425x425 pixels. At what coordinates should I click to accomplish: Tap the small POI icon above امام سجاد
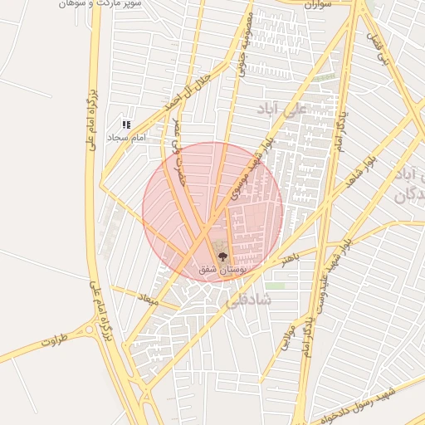tap(126, 125)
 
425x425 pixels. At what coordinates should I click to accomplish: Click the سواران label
tap(319, 4)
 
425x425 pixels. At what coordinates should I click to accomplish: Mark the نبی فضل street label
tap(383, 49)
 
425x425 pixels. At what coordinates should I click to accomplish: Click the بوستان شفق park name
tap(218, 270)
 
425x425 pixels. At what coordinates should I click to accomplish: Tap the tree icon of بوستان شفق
tap(222, 256)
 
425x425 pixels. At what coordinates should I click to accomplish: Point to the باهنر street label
tap(290, 261)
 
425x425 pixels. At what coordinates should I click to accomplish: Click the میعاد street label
tap(149, 297)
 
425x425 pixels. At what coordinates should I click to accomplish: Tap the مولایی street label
tap(290, 335)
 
